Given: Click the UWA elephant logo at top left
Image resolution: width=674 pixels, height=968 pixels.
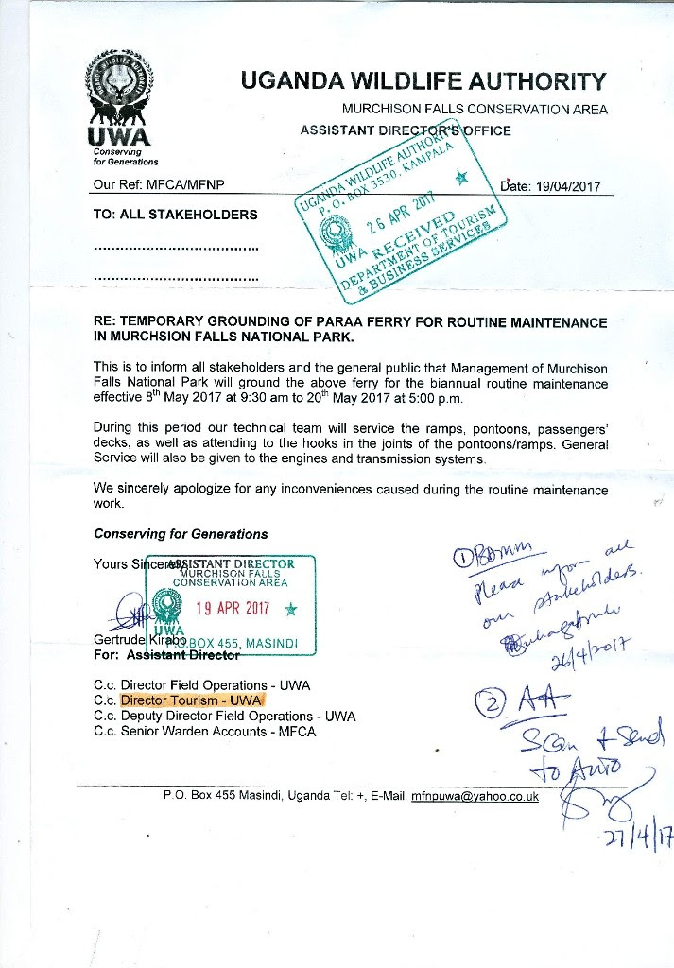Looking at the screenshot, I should click(119, 99).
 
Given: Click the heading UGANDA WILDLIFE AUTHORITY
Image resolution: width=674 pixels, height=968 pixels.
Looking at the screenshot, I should click(423, 80).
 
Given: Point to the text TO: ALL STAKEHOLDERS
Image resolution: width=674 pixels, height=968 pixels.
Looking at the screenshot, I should click(176, 215).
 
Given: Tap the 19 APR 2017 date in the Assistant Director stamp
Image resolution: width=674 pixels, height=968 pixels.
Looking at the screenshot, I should click(233, 608).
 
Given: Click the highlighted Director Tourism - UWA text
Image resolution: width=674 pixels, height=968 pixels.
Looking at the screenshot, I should click(193, 700).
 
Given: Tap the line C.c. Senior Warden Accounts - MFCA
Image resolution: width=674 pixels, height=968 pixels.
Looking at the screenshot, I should click(205, 732).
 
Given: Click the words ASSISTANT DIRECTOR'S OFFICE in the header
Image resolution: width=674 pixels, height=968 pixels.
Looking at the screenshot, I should click(406, 130).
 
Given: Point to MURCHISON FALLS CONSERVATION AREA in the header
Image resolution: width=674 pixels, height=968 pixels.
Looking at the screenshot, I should click(475, 110).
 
